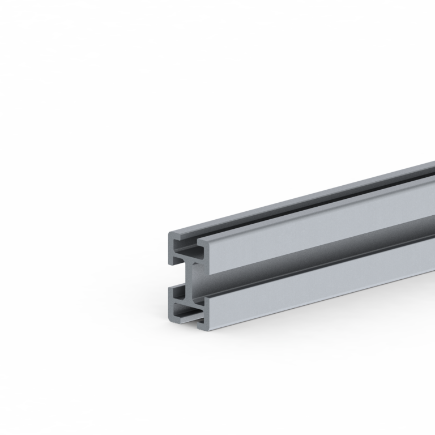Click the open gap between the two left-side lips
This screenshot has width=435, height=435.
[x=173, y=276]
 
